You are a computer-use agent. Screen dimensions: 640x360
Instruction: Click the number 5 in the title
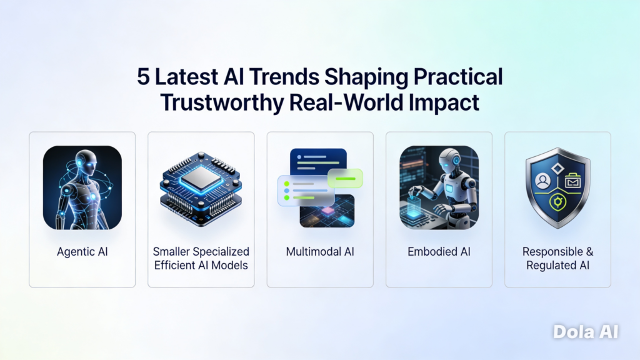pos(143,77)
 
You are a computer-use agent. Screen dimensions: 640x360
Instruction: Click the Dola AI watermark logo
pos(586,332)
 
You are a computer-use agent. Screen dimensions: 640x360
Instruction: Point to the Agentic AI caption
pos(82,252)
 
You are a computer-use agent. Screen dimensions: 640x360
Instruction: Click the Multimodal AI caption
pos(320,251)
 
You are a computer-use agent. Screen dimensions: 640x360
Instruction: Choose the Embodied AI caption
pos(439,251)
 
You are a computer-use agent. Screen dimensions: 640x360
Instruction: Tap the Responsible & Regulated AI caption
pos(557,258)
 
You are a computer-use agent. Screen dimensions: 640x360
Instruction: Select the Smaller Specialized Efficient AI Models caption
pos(201,258)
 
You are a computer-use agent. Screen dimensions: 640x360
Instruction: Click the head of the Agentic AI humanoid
pos(86,162)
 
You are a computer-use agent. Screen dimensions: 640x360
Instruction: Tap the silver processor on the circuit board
pos(201,178)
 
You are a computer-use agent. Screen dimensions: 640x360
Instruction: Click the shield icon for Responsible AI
pos(557,187)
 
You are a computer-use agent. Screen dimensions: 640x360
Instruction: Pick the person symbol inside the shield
pos(543,181)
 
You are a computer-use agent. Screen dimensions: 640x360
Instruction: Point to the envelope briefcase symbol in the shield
pos(572,181)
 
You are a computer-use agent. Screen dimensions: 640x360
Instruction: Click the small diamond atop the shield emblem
pos(557,168)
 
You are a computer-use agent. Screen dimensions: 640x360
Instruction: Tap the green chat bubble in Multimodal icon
pos(345,178)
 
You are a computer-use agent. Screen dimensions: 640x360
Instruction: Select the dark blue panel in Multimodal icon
pos(318,162)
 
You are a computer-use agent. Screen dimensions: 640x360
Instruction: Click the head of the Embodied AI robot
pos(451,161)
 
